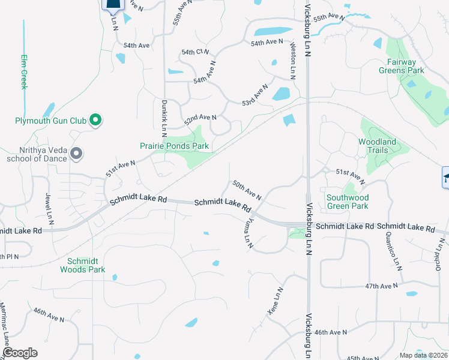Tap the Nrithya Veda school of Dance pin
pyautogui.click(x=76, y=154)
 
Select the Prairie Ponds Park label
pyautogui.click(x=174, y=146)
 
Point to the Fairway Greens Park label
pyautogui.click(x=402, y=65)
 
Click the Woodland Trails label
pyautogui.click(x=377, y=146)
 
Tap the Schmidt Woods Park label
pyautogui.click(x=82, y=265)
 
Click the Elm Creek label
pyautogui.click(x=25, y=72)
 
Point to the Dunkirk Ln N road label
pyautogui.click(x=164, y=115)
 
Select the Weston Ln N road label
pyautogui.click(x=293, y=61)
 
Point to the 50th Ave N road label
pyautogui.click(x=247, y=190)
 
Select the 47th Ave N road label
pyautogui.click(x=382, y=287)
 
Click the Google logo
pyautogui.click(x=20, y=353)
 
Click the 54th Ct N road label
pyautogui.click(x=195, y=52)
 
